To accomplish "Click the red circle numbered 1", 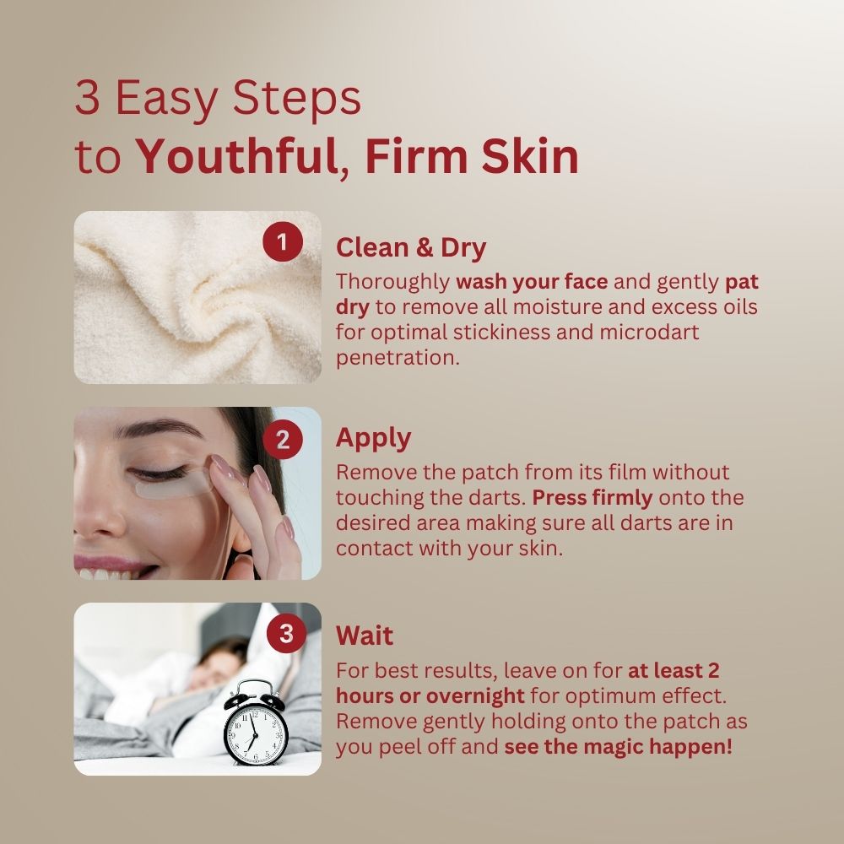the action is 283,242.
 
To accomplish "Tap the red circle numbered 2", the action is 283,440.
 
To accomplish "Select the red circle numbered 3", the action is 286,633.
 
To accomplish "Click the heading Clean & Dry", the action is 411,248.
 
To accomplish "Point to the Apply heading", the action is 374,439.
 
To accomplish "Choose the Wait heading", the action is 365,636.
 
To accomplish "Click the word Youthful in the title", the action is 237,157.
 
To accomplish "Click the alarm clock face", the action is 256,733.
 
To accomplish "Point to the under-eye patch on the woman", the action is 172,486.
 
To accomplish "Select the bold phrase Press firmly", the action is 592,499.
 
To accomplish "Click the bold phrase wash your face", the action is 532,282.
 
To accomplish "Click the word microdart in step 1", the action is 649,332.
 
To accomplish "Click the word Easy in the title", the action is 166,100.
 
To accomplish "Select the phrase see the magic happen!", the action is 618,747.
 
